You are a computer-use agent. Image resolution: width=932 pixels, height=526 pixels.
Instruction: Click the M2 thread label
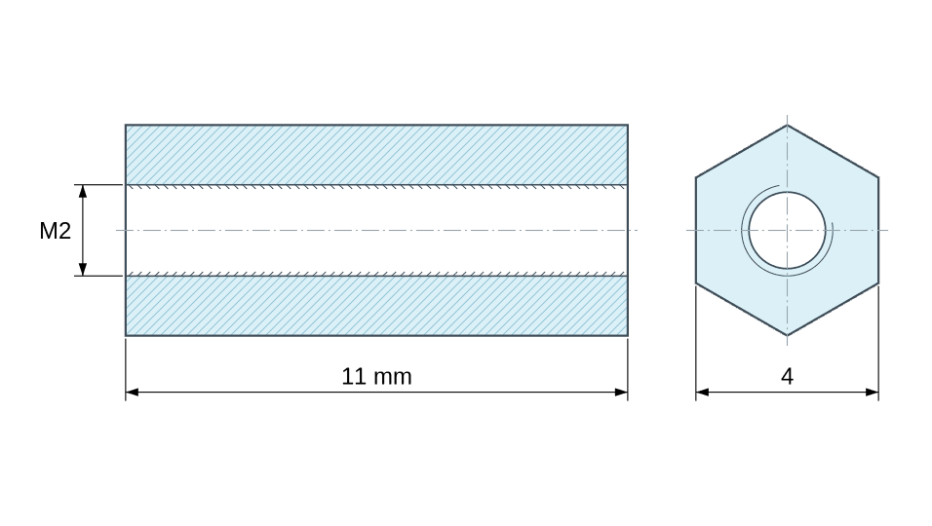(56, 231)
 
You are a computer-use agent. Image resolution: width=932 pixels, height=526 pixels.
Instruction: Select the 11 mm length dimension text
(376, 376)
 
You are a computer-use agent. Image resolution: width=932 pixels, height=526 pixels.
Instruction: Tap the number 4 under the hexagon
(787, 376)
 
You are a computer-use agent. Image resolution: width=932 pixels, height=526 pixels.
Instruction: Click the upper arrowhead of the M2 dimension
(83, 191)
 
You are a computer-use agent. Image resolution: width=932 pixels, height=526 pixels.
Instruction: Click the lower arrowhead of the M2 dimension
(83, 269)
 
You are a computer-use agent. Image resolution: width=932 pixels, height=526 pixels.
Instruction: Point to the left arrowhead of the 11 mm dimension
(132, 392)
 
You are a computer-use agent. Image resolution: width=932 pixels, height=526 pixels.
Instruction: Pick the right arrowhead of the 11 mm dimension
(621, 392)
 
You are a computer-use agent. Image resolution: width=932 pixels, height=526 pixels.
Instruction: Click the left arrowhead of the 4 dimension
(703, 392)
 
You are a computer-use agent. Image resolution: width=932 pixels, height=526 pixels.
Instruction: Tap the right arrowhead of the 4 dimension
(872, 392)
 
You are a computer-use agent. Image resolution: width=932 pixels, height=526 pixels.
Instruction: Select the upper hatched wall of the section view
(376, 155)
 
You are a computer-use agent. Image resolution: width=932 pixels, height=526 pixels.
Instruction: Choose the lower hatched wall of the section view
(376, 306)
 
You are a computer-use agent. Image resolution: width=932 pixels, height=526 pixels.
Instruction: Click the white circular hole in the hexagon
(787, 230)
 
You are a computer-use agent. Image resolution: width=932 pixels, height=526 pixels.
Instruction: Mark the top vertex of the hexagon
(788, 125)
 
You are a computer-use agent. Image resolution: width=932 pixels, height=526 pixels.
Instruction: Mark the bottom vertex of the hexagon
(788, 336)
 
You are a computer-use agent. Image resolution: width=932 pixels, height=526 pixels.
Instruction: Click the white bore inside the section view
(376, 230)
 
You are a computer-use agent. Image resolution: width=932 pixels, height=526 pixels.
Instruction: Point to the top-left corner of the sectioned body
(126, 125)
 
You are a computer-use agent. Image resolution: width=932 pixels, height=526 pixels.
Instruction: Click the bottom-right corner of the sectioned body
(628, 336)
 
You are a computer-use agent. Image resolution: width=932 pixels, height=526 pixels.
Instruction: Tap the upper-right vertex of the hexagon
(878, 177)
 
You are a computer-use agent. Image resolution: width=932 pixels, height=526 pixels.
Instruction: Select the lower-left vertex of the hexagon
(696, 283)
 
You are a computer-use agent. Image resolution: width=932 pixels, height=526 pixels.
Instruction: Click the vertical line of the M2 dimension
(83, 230)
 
